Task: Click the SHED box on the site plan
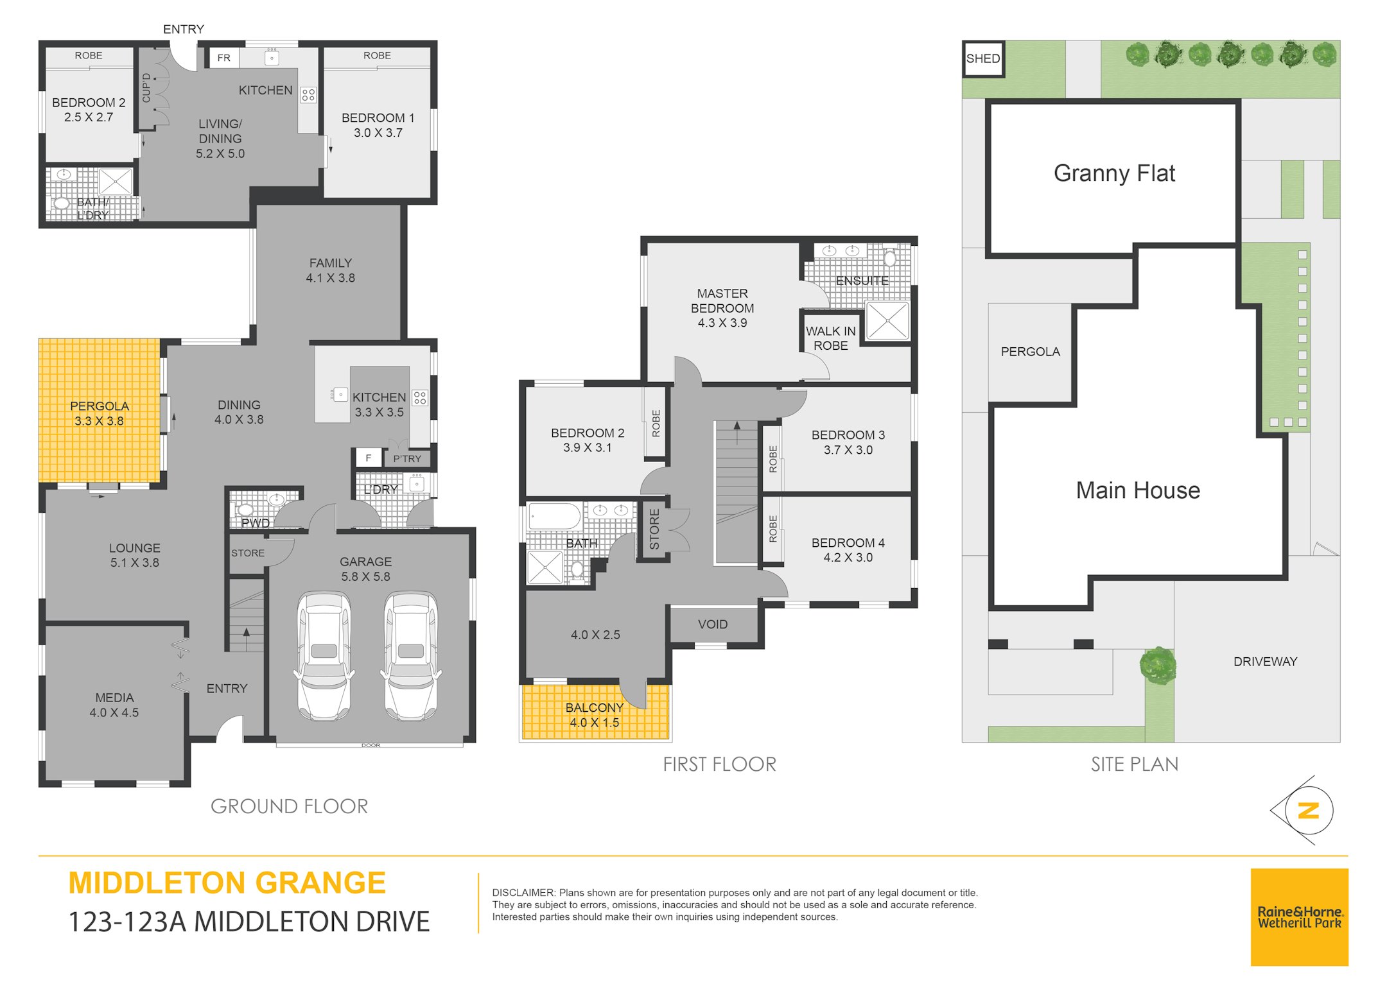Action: tap(983, 58)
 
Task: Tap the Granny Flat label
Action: tap(1114, 173)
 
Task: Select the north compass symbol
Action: tap(1306, 810)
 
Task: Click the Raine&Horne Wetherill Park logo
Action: tap(1299, 917)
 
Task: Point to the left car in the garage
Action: tap(324, 656)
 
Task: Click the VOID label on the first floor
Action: tap(713, 625)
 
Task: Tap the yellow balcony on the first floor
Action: tap(596, 712)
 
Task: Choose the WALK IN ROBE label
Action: tap(831, 338)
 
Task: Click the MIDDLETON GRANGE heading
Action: tap(227, 883)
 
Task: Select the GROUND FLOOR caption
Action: tap(290, 806)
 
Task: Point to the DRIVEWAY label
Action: tap(1265, 662)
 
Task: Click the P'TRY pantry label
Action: tap(407, 458)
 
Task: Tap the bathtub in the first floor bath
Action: tap(554, 516)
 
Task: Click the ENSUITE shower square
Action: tap(887, 320)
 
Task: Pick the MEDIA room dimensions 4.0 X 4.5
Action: tap(114, 712)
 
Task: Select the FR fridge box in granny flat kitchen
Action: tap(223, 58)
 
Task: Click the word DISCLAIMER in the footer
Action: tap(523, 893)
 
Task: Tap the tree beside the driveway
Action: tap(1158, 666)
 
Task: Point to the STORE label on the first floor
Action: tap(654, 530)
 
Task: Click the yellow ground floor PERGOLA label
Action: tap(100, 406)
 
